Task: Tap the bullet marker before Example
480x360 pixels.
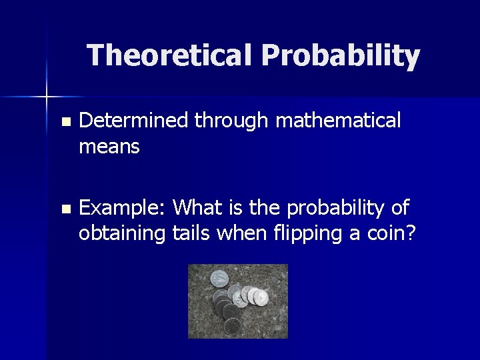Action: tap(65, 209)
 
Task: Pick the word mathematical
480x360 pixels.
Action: tap(338, 121)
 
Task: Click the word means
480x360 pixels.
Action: tap(109, 147)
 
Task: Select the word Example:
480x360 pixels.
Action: tap(123, 208)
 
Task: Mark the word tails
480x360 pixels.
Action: tap(191, 233)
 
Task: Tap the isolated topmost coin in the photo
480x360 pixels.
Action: tap(219, 277)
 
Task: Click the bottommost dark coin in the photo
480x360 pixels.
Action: tap(233, 326)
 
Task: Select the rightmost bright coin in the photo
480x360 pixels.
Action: tap(261, 297)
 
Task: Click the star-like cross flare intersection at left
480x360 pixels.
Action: tap(47, 97)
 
